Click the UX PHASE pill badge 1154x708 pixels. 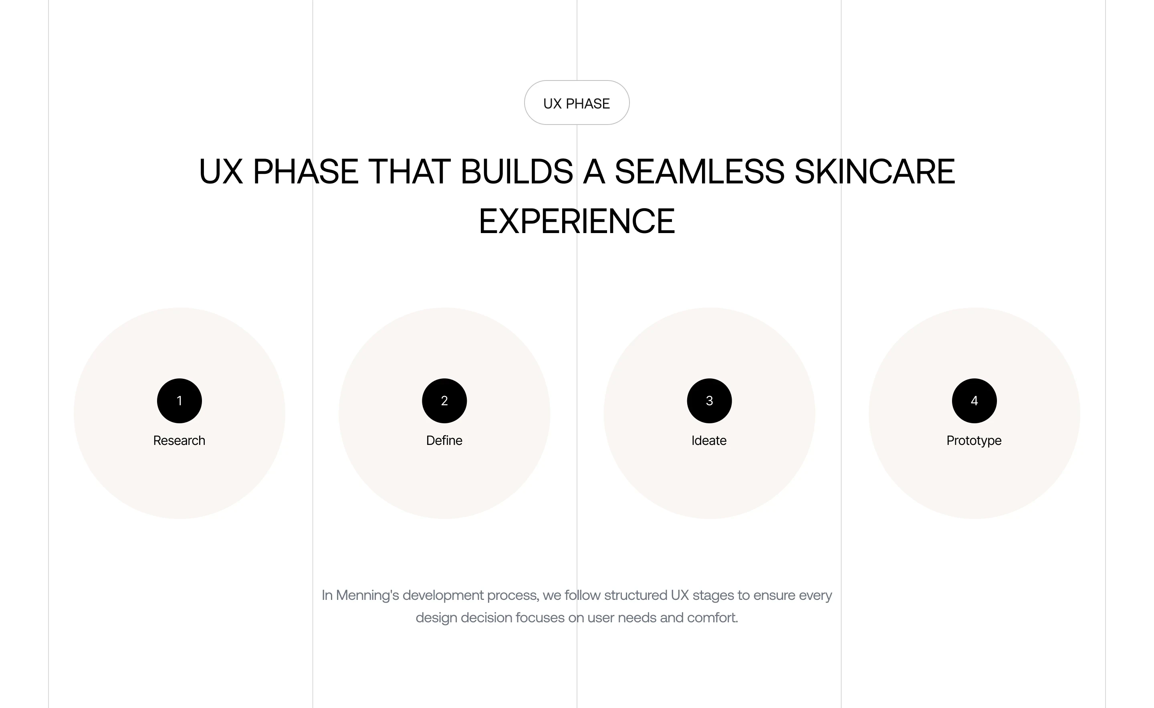point(576,103)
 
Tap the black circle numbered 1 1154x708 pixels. point(180,401)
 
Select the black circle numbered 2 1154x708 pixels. point(444,401)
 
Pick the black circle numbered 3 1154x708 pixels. point(709,401)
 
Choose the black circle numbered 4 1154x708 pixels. point(974,401)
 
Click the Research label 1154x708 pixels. point(179,440)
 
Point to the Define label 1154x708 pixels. point(444,440)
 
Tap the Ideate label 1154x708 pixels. point(709,440)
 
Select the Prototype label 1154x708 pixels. point(974,441)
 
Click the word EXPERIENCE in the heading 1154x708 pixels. point(577,221)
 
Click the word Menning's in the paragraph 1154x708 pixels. point(367,595)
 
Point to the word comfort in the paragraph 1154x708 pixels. point(711,617)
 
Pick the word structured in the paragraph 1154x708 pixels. point(636,595)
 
